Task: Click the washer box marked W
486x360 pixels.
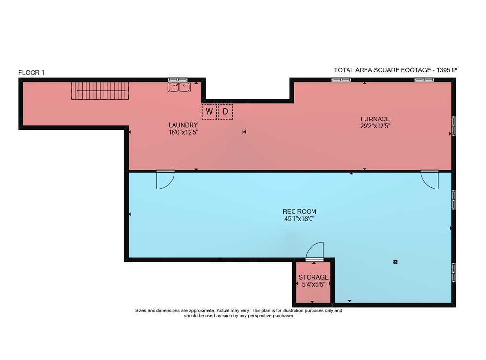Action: click(x=209, y=112)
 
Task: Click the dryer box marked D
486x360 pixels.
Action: click(x=226, y=112)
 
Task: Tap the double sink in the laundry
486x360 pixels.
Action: click(x=179, y=87)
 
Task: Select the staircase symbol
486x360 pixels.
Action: click(x=100, y=90)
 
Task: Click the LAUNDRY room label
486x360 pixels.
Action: click(x=183, y=125)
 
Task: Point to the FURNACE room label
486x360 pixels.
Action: click(x=375, y=119)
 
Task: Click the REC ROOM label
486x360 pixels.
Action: click(x=299, y=212)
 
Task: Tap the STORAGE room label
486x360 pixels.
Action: click(x=313, y=277)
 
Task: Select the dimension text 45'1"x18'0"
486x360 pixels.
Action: click(x=299, y=219)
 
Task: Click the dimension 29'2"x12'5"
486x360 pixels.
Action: click(x=375, y=126)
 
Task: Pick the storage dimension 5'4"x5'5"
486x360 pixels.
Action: click(x=313, y=284)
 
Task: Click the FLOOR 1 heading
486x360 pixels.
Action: click(x=31, y=73)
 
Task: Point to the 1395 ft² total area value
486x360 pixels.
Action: click(x=447, y=70)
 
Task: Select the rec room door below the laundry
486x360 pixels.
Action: click(x=165, y=179)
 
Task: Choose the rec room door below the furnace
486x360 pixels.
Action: click(x=430, y=179)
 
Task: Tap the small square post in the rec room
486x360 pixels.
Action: click(x=395, y=262)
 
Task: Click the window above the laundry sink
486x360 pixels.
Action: click(x=177, y=80)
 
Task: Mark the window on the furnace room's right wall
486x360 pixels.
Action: click(x=454, y=126)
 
